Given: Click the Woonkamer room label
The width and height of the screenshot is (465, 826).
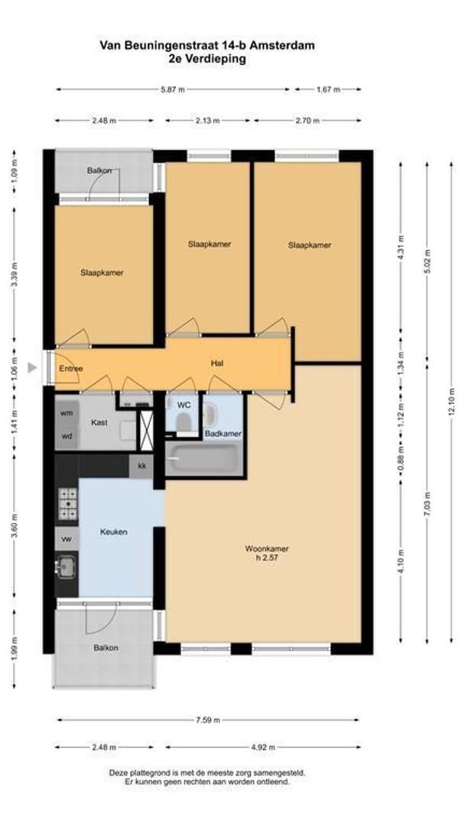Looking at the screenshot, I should (267, 548).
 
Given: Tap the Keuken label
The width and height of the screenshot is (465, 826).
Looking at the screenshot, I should (113, 532).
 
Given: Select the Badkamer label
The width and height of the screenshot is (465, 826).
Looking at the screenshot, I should (223, 434).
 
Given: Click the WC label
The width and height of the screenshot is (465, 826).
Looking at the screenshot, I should (184, 403).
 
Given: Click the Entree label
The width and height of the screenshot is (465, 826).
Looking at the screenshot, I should (71, 369).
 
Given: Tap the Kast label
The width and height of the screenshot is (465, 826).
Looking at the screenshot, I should (98, 421).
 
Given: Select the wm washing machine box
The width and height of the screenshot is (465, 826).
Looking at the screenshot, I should (67, 412).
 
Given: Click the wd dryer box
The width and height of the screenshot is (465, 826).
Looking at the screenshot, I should (67, 437).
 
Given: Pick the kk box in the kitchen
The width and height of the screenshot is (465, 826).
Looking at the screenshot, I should (141, 465).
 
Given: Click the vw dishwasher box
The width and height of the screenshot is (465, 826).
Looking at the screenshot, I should (67, 539).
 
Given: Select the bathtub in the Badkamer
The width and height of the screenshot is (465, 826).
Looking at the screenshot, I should (203, 459).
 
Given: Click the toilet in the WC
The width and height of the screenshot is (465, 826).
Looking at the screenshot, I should (183, 422).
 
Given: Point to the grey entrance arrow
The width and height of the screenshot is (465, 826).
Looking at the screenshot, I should (32, 368).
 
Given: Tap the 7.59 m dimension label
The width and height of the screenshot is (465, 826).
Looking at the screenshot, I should (208, 720).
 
